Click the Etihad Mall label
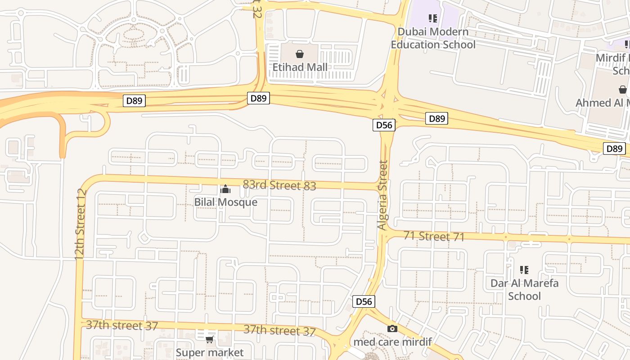[300, 67]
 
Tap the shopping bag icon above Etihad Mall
[300, 54]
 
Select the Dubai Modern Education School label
[433, 38]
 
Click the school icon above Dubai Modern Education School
[433, 18]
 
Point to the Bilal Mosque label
[225, 202]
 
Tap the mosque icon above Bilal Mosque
[225, 189]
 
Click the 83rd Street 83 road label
[279, 185]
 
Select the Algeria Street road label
[382, 195]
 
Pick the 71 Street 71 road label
[434, 236]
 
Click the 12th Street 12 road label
[80, 224]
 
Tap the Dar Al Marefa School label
[524, 289]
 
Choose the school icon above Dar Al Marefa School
[524, 270]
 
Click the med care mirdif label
[392, 342]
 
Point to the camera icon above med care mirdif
[392, 328]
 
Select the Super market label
[209, 352]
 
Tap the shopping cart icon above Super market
[209, 339]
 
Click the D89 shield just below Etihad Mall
[258, 98]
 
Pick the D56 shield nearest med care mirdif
[364, 301]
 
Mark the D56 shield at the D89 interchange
[384, 125]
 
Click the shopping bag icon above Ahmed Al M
[623, 90]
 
